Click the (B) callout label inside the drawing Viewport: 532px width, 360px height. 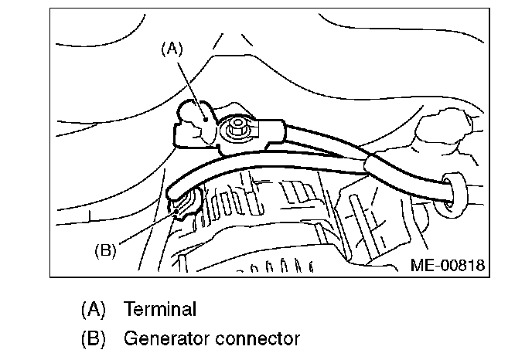coord(104,250)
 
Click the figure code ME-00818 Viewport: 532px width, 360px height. coord(448,265)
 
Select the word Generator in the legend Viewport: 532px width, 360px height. coord(165,338)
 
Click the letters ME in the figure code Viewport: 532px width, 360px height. coord(421,265)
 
